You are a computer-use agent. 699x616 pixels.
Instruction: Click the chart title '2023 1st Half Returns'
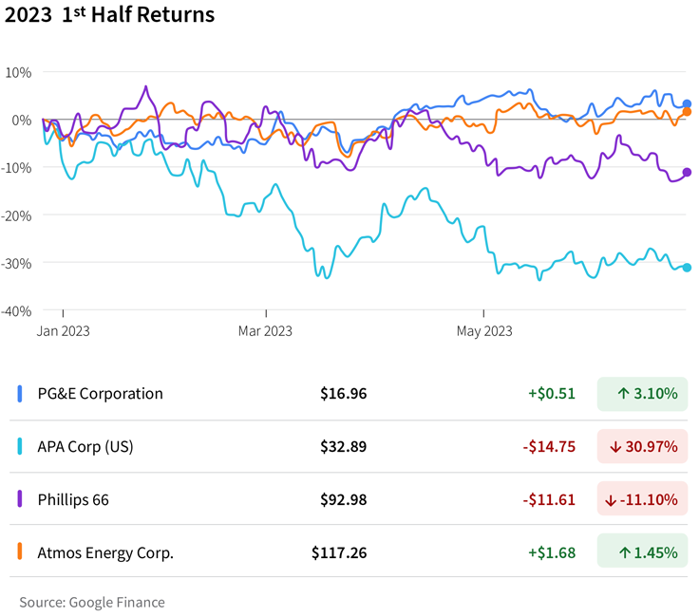(x=110, y=16)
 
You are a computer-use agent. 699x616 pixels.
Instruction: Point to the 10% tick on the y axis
(x=18, y=72)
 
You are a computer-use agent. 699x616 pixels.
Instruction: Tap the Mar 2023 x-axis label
(x=265, y=331)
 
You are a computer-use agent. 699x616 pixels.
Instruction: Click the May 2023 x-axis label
(x=483, y=331)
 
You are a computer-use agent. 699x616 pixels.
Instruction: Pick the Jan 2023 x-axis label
(x=64, y=331)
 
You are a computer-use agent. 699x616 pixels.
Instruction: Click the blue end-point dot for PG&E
(x=687, y=104)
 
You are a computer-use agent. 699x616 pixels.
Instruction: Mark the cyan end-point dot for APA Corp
(x=687, y=268)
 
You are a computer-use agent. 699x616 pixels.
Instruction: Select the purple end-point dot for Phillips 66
(x=687, y=173)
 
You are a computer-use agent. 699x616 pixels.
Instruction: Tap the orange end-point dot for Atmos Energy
(x=687, y=112)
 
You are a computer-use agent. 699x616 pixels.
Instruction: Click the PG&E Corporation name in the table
(x=100, y=394)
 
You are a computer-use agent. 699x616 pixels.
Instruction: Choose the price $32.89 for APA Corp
(x=343, y=447)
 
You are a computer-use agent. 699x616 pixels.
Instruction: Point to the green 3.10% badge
(x=642, y=394)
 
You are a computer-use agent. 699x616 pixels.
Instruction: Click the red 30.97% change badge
(x=642, y=447)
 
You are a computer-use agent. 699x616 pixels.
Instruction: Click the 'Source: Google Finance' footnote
(x=91, y=603)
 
